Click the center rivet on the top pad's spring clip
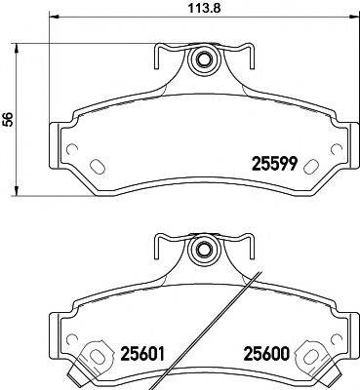pos(204,59)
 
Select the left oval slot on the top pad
pos(97,164)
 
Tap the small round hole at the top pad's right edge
pos(338,149)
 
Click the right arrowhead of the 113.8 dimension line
pos(354,18)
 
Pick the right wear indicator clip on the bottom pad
pos(315,357)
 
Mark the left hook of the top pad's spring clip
pos(157,59)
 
